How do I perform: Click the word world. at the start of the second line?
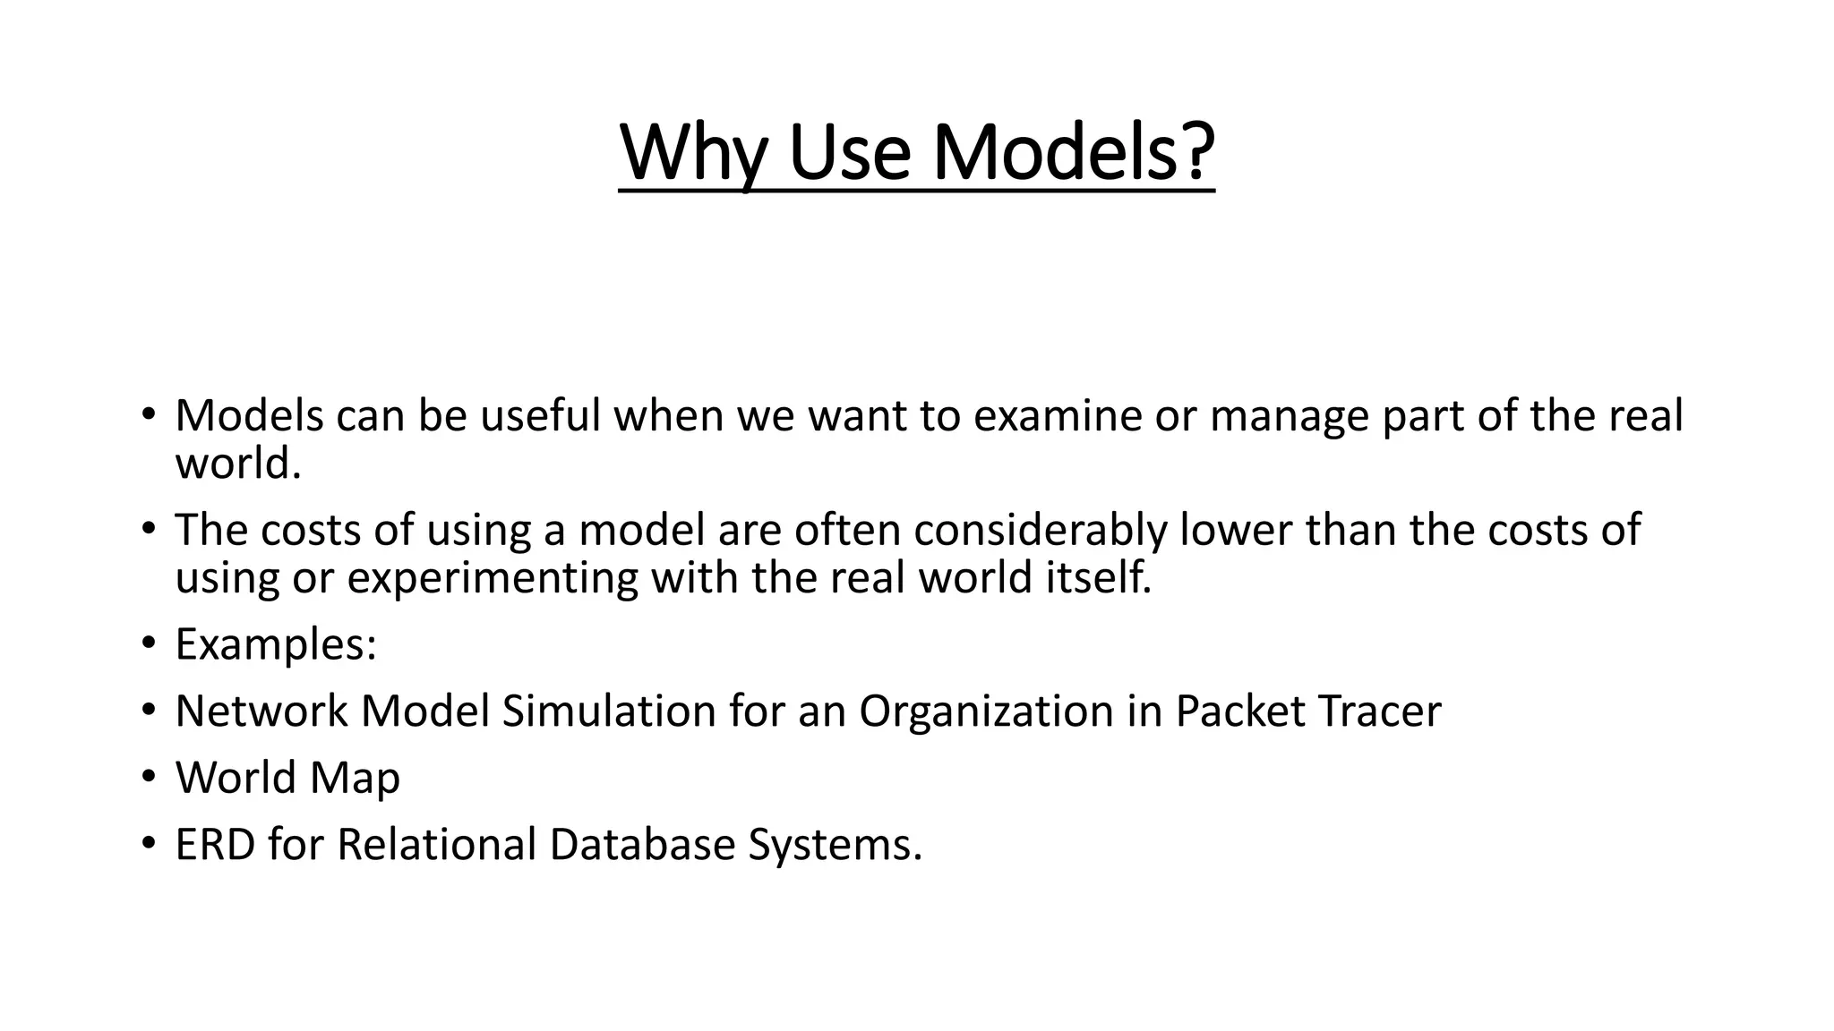pyautogui.click(x=238, y=464)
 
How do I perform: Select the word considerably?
pyautogui.click(x=1041, y=530)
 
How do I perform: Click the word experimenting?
pyautogui.click(x=492, y=578)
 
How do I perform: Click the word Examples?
pyautogui.click(x=276, y=645)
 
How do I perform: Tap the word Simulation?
pyautogui.click(x=609, y=711)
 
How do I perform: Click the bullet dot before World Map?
pyautogui.click(x=148, y=777)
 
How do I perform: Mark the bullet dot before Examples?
pyautogui.click(x=148, y=643)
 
